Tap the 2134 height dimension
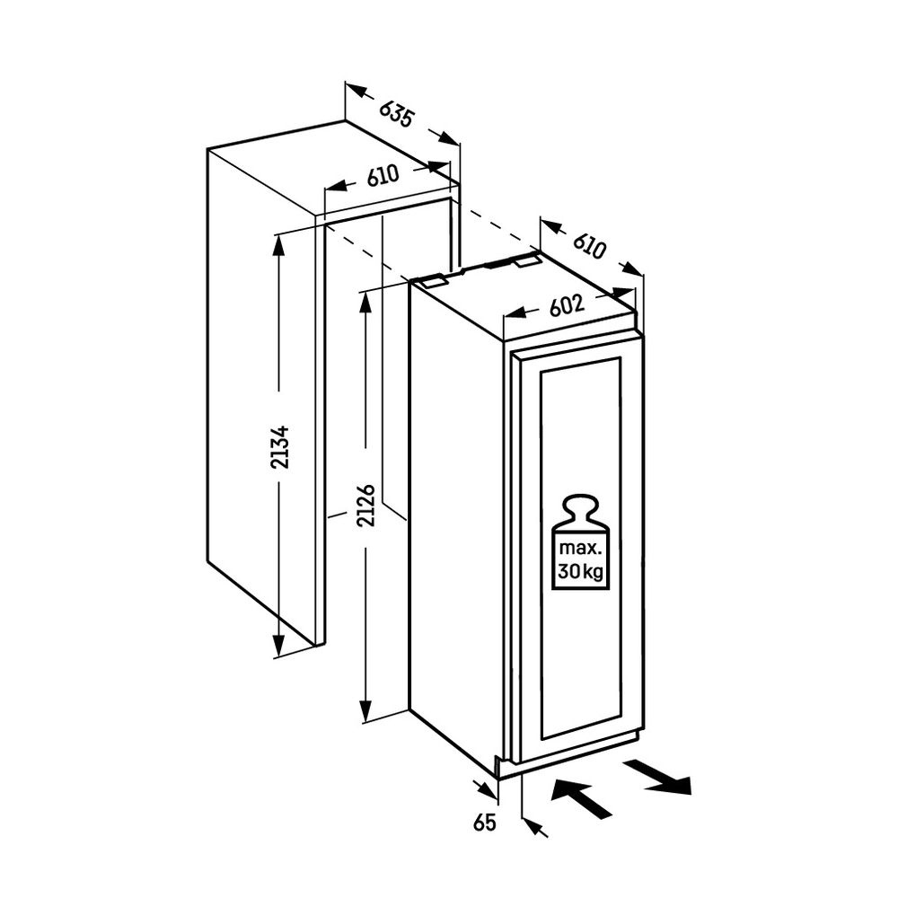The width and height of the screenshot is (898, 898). tap(281, 447)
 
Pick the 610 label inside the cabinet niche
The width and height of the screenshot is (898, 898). tap(383, 177)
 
